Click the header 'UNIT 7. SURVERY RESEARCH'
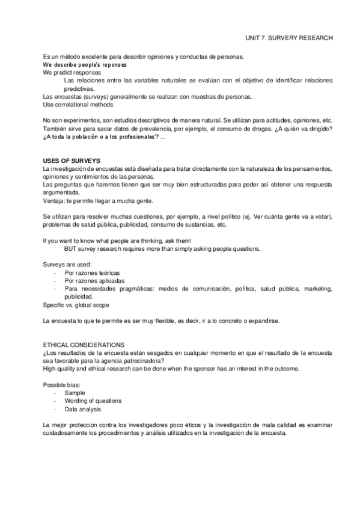[289, 37]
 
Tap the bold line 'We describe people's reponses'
[85, 64]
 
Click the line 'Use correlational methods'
[79, 104]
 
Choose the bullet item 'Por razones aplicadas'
[94, 281]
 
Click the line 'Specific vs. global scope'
[76, 305]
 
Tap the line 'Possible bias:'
[61, 384]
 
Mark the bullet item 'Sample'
[75, 393]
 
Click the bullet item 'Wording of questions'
[93, 401]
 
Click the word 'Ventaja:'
[55, 201]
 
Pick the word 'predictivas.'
[82, 88]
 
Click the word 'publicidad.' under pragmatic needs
[81, 297]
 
